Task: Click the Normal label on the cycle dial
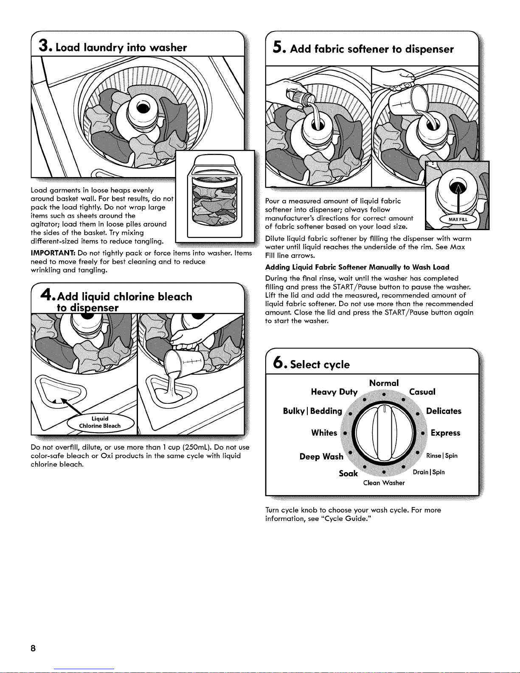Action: pyautogui.click(x=384, y=383)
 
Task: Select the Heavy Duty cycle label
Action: pyautogui.click(x=334, y=392)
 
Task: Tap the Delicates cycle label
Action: pyautogui.click(x=444, y=411)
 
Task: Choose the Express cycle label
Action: pyautogui.click(x=445, y=433)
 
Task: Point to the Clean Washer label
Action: pyautogui.click(x=384, y=483)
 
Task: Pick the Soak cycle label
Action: pyautogui.click(x=348, y=473)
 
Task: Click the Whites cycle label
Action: pyautogui.click(x=324, y=433)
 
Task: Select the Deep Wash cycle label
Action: pyautogui.click(x=321, y=456)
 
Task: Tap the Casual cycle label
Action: pyautogui.click(x=422, y=392)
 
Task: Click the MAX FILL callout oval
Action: pyautogui.click(x=458, y=219)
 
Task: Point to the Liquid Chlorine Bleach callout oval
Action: pyautogui.click(x=101, y=422)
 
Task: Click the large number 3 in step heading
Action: pyautogui.click(x=43, y=45)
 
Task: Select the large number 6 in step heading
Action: pyautogui.click(x=278, y=363)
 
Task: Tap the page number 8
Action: pyautogui.click(x=33, y=648)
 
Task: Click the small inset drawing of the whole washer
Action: pyautogui.click(x=215, y=196)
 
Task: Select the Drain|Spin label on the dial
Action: pyautogui.click(x=429, y=472)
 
